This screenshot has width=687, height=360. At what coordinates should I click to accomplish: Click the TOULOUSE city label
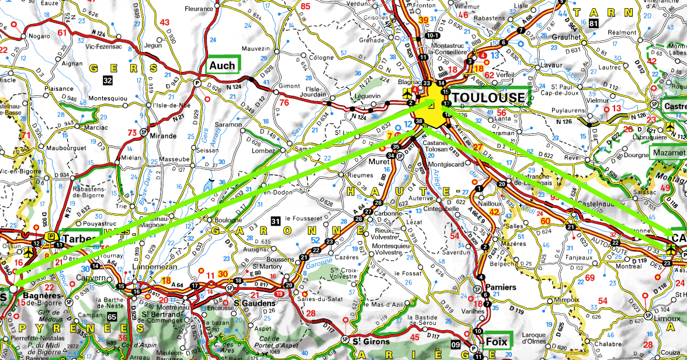tap(488, 98)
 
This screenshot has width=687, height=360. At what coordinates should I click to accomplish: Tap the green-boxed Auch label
tap(223, 65)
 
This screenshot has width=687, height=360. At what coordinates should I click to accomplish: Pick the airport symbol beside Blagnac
tap(407, 94)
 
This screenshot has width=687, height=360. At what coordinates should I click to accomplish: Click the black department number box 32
tap(107, 80)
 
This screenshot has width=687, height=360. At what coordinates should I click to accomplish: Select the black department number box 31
tap(276, 220)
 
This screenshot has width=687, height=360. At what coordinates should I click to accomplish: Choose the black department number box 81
tap(594, 23)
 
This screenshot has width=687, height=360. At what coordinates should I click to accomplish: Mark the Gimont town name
tap(289, 86)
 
